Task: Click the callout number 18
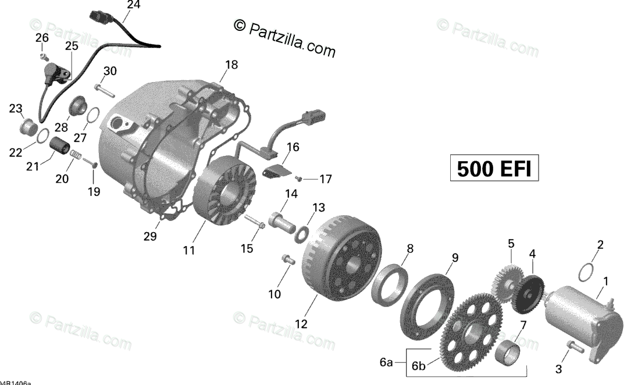point(231,65)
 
